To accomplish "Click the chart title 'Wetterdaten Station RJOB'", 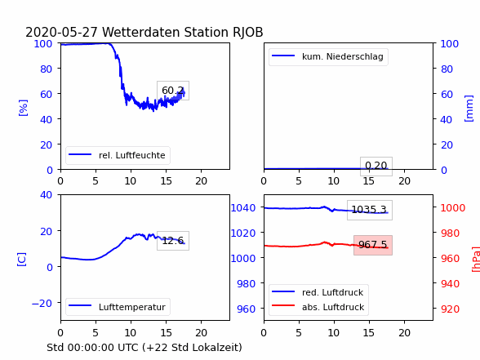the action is [x=183, y=32].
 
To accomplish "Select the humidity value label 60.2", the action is [x=173, y=91].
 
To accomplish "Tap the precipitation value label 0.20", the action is [x=376, y=166].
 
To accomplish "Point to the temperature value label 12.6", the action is [x=173, y=241].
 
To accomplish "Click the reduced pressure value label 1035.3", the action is [x=369, y=210].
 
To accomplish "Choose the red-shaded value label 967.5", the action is [x=373, y=245].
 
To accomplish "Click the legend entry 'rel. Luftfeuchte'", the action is [x=132, y=155].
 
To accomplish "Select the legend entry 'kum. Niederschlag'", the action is [x=343, y=56].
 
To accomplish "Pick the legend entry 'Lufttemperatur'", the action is [x=132, y=307].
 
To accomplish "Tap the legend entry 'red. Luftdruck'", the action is [x=333, y=292].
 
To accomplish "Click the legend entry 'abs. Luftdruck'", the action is [x=333, y=307].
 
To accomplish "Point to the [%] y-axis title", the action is [x=23, y=108].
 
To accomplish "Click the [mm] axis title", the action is [x=469, y=109].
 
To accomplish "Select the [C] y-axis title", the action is [x=22, y=260].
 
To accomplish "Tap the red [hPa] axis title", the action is [x=476, y=259].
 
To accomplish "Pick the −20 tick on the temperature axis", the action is [x=42, y=303].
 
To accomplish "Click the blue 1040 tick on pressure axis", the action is [x=243, y=208].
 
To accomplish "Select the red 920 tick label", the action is [x=450, y=309].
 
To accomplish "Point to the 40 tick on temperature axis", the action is [x=47, y=194].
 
